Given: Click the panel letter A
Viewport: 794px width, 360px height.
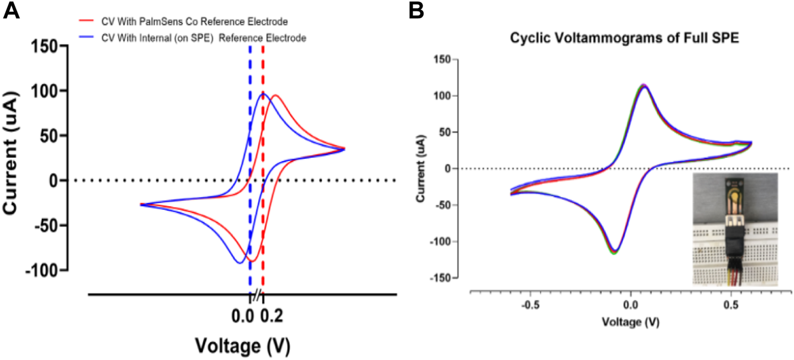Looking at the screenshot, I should (12, 11).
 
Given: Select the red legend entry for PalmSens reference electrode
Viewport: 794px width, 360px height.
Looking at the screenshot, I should (186, 23).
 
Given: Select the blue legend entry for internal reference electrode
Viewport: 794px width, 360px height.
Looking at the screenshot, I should (194, 38).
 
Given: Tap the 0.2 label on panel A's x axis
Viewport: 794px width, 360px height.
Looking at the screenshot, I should (272, 316).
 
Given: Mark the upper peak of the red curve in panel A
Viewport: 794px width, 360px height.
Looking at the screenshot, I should (275, 95).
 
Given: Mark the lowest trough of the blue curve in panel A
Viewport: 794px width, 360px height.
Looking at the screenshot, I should (239, 263).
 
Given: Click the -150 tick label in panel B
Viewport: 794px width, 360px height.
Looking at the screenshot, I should (444, 278).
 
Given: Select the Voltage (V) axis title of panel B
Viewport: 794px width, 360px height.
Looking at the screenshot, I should (631, 322).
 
